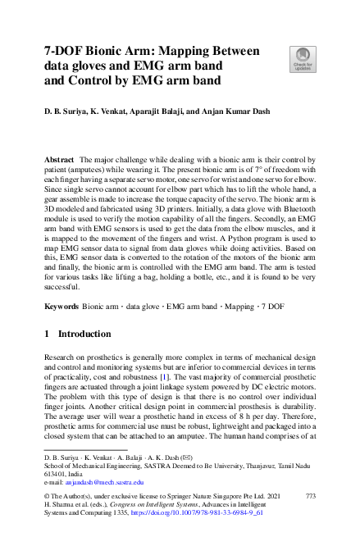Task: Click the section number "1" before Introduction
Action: coord(48,334)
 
